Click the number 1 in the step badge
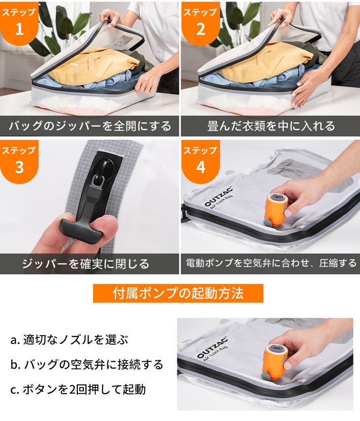click(x=19, y=29)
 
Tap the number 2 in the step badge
click(x=201, y=29)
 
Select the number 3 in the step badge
click(x=19, y=167)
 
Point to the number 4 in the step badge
click(x=201, y=167)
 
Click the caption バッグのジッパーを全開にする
click(x=90, y=126)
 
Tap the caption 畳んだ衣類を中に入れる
click(x=271, y=126)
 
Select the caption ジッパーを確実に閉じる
click(x=86, y=264)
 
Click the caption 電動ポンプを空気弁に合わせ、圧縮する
click(x=271, y=263)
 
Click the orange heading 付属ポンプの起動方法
click(x=178, y=293)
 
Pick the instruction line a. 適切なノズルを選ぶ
click(x=69, y=340)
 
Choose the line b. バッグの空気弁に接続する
click(x=86, y=364)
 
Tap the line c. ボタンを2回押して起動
click(x=78, y=389)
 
